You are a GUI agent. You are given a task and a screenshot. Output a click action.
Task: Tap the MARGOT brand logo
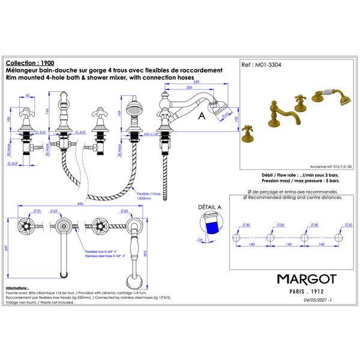coord(306,279)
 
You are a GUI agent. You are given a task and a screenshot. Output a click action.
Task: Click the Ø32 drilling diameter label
coord(349,226)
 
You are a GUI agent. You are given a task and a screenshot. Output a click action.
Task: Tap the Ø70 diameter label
coord(36,211)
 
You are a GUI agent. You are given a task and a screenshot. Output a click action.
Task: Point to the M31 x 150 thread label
coord(146,135)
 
